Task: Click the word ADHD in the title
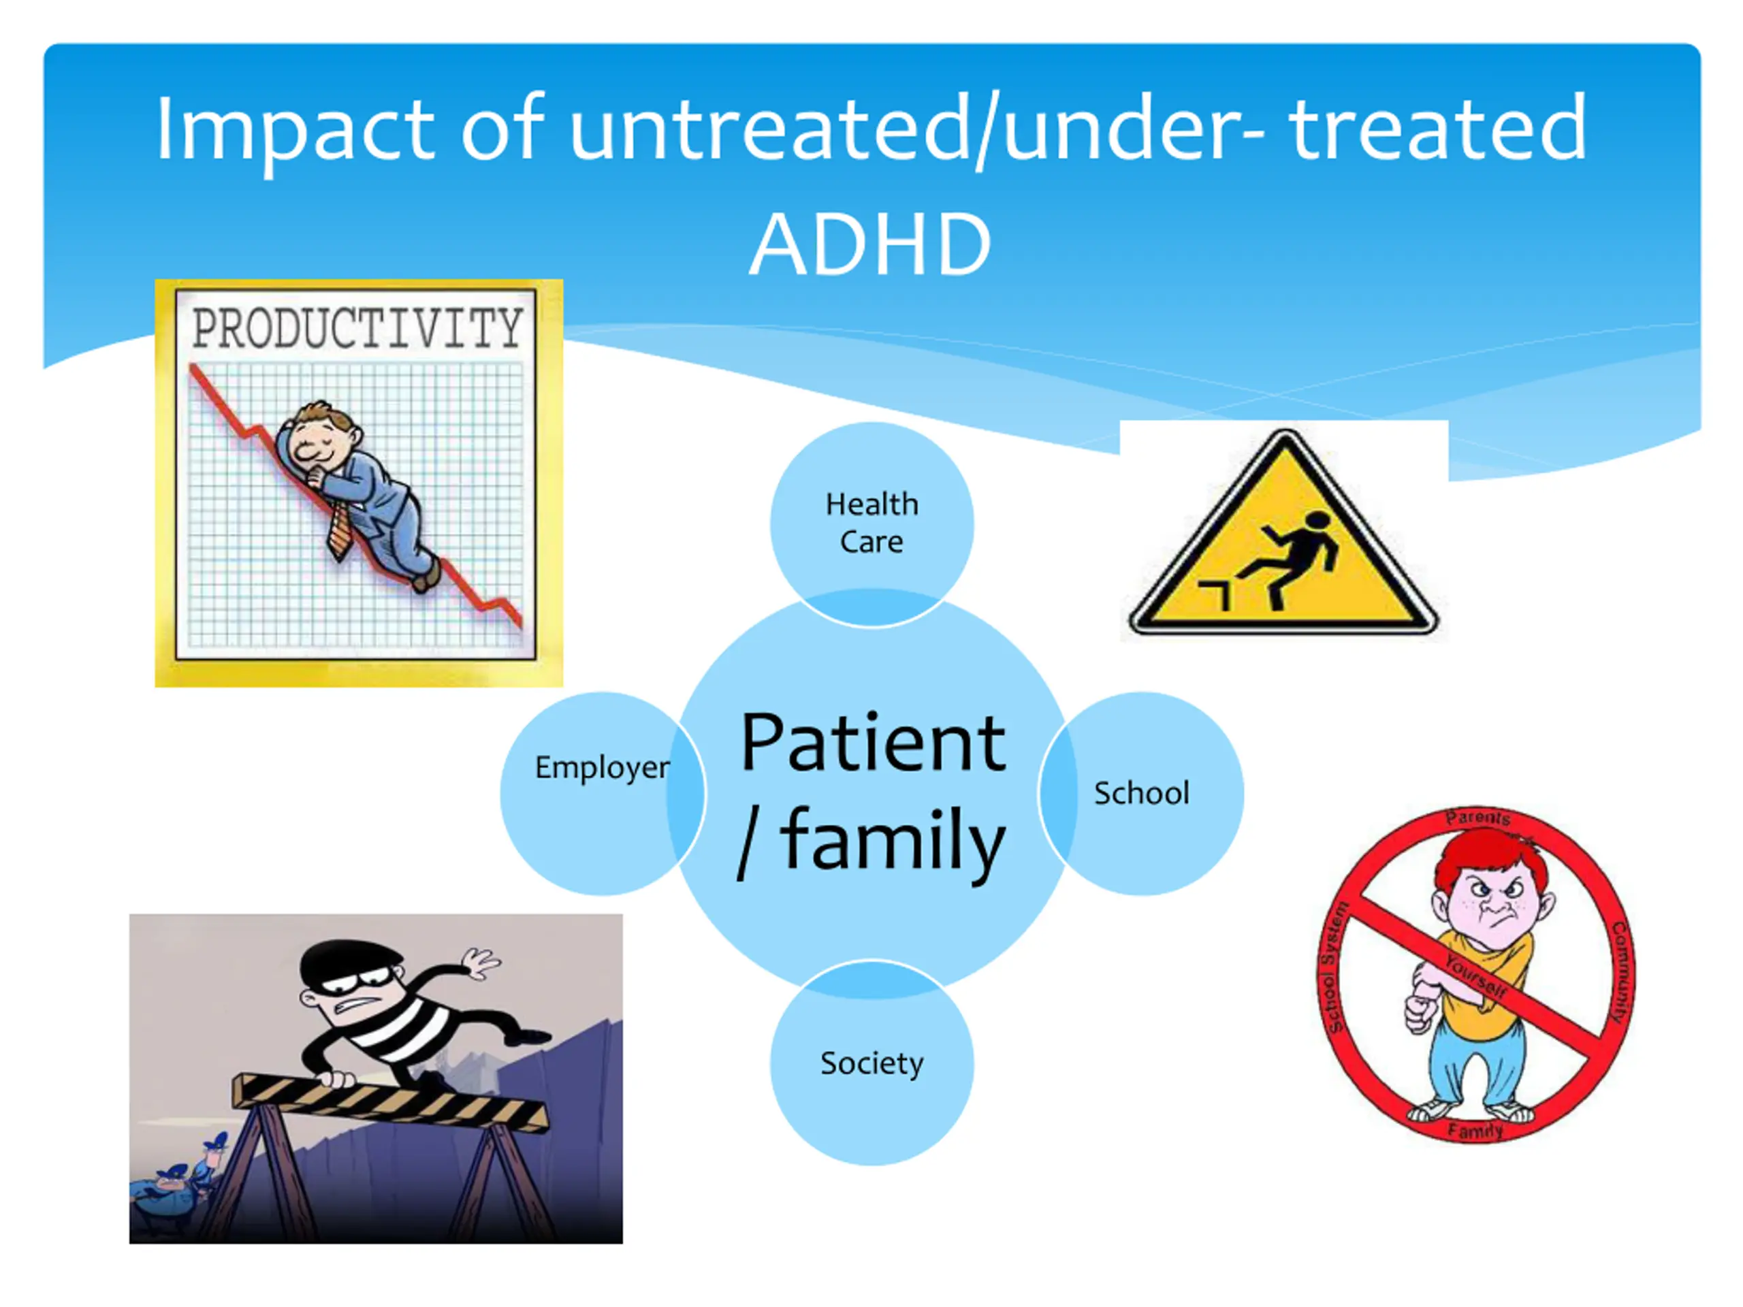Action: click(x=870, y=244)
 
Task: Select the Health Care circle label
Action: click(x=871, y=523)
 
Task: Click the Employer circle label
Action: click(x=602, y=767)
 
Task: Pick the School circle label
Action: click(x=1141, y=792)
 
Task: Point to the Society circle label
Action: click(x=871, y=1063)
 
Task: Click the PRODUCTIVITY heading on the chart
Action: click(x=357, y=329)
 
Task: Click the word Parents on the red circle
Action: click(x=1478, y=818)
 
